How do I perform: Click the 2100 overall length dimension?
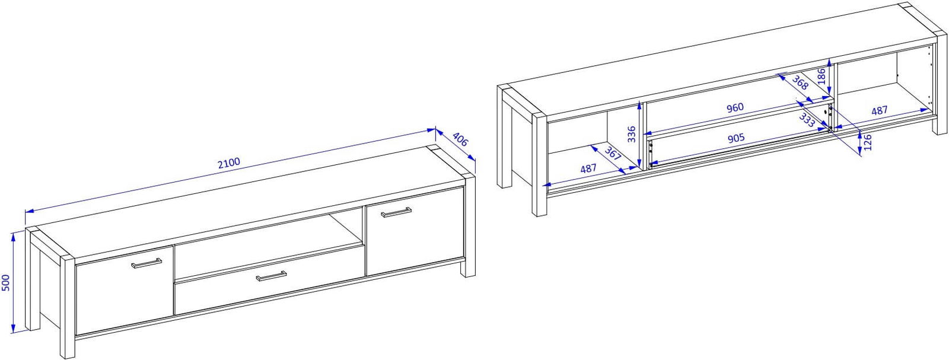click(229, 163)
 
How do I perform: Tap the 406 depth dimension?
click(460, 139)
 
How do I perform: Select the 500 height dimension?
click(6, 282)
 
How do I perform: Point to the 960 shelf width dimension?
click(735, 107)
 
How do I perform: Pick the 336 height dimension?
click(632, 134)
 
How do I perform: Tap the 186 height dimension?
click(821, 77)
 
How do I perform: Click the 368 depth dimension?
click(800, 82)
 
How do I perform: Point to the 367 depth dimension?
click(612, 154)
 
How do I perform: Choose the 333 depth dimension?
click(807, 120)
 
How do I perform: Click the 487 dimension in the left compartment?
click(588, 168)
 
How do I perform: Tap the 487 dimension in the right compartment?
click(879, 110)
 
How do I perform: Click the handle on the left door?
click(147, 263)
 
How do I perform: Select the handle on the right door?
click(396, 212)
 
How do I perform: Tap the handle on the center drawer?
click(271, 276)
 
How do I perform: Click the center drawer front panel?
click(269, 281)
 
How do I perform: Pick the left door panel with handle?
click(125, 290)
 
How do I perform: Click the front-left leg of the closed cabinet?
click(68, 307)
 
